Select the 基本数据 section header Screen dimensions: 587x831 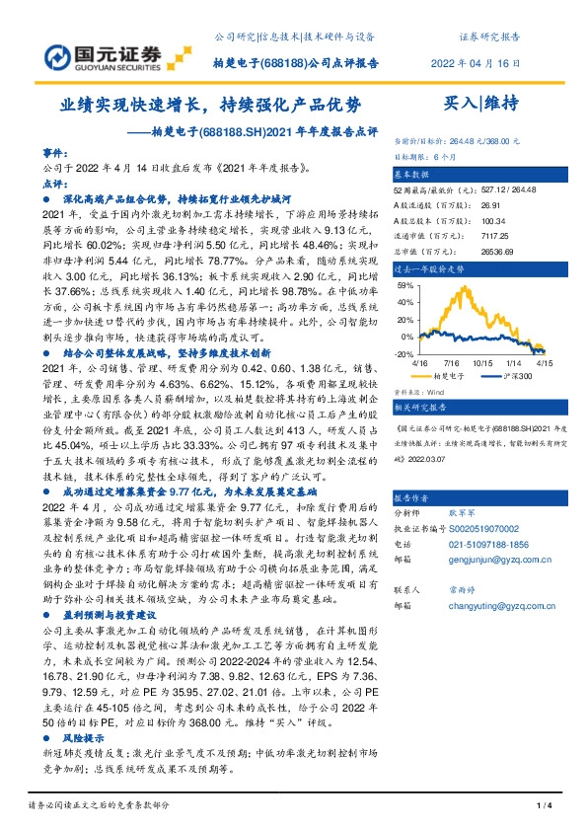[414, 172]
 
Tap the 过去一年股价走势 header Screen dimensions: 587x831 [427, 268]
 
